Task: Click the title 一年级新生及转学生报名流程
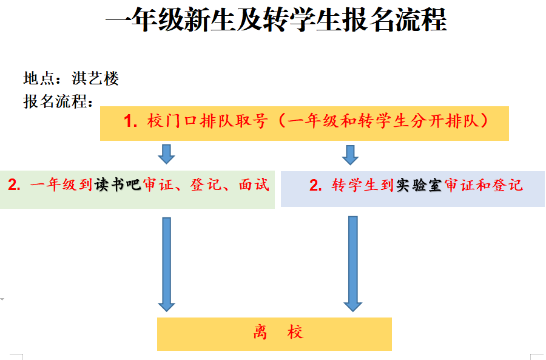[276, 21]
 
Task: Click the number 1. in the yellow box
[132, 121]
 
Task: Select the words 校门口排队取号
[207, 121]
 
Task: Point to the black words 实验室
[419, 185]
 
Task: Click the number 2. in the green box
[15, 185]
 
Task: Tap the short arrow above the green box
[166, 154]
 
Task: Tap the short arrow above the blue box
[350, 154]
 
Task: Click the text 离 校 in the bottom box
[278, 333]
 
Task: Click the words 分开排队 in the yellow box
[450, 121]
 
